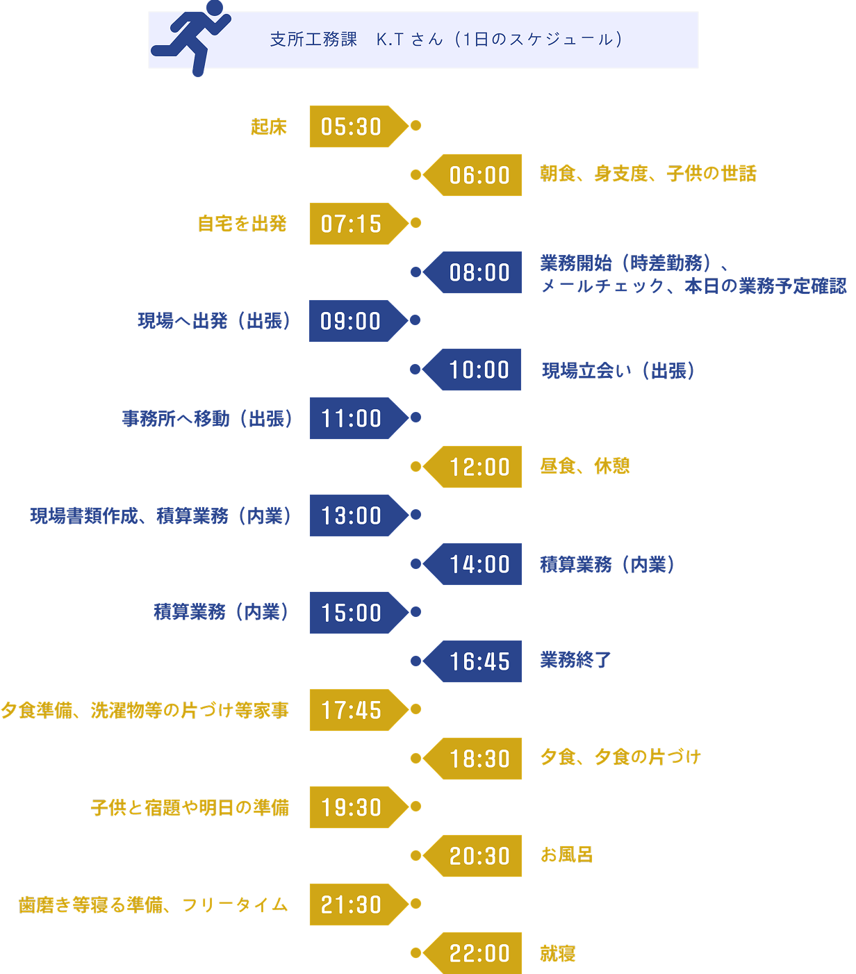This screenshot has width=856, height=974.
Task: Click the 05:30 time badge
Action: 352,126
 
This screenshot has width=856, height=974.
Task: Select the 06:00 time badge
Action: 479,175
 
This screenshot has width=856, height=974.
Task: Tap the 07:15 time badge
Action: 352,224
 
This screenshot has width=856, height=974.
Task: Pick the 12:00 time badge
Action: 479,467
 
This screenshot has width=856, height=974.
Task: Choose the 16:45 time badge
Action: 479,661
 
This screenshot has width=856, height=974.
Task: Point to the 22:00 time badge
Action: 479,953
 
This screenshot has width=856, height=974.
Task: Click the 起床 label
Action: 269,126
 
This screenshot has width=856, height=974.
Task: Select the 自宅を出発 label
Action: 242,224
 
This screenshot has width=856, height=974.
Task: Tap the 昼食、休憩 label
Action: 585,466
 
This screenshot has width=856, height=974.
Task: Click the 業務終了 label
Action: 575,660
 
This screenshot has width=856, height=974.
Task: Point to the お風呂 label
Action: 567,855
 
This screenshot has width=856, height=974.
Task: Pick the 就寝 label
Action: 558,953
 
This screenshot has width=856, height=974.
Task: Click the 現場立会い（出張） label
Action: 618,370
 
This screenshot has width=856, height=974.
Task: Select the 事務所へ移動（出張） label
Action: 207,418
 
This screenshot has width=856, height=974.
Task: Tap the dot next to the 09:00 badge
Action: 415,320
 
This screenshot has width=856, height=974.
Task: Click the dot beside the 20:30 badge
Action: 415,856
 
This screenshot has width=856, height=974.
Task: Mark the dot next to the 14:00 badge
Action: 415,564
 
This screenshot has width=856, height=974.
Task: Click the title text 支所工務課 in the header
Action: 313,40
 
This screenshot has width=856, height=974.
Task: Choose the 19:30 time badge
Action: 352,807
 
